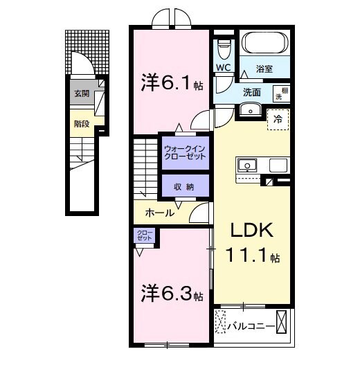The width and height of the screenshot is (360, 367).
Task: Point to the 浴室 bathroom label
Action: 264,69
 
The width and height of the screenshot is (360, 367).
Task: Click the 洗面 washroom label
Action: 251,92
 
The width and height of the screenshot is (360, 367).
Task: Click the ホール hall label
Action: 159,213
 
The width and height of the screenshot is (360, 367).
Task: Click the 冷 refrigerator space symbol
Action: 277,118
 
